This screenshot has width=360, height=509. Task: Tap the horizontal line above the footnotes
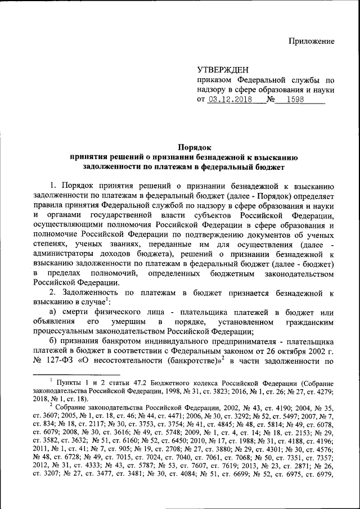[76, 373]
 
